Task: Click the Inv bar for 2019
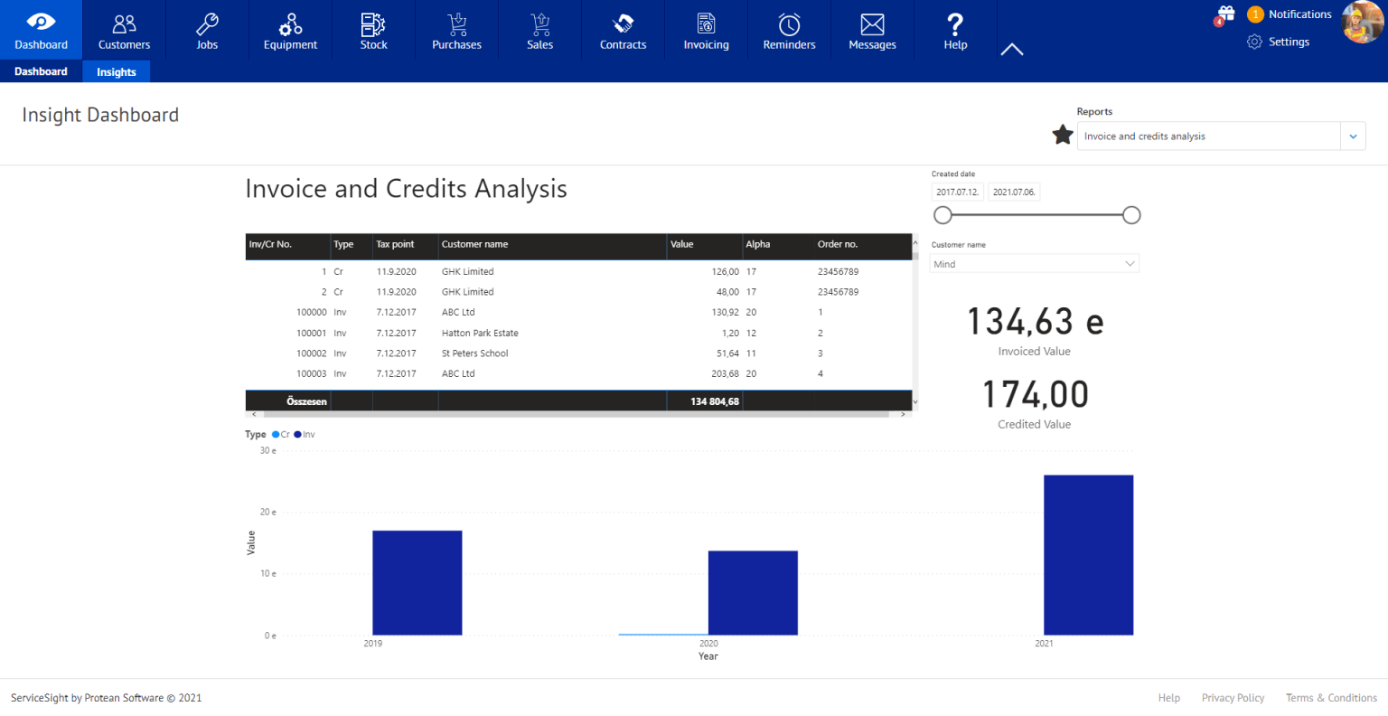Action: tap(417, 582)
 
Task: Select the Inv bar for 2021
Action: tap(1088, 554)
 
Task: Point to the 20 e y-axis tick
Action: tap(268, 513)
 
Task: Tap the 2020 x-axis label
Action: tap(708, 644)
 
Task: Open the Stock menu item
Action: tap(373, 31)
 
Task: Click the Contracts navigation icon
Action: tap(623, 24)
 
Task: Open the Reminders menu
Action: tap(789, 31)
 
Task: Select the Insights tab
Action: tap(117, 72)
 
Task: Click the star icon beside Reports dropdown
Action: tap(1063, 136)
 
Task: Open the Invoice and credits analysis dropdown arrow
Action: tap(1353, 137)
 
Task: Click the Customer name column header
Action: tap(475, 244)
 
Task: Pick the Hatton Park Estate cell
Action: tap(480, 334)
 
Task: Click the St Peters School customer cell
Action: tap(475, 353)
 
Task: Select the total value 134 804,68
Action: tap(714, 401)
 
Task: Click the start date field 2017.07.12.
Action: tap(957, 193)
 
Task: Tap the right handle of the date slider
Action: tap(1131, 215)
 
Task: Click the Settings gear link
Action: tap(1279, 42)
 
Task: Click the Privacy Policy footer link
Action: tap(1233, 698)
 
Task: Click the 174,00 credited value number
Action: tap(1035, 395)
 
